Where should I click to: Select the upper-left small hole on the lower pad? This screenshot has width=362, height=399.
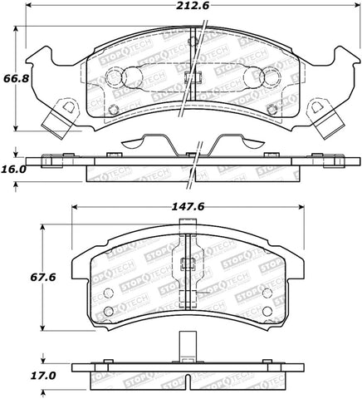pos(108,293)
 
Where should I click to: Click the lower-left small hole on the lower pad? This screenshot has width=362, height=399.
pos(108,312)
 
